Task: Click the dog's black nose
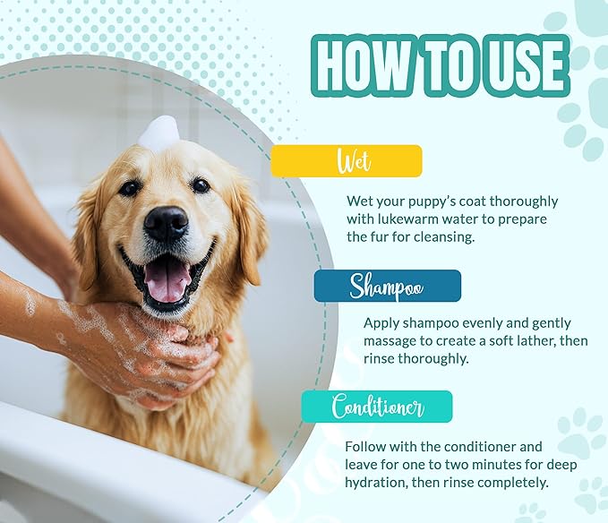(166, 223)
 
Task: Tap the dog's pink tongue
(167, 279)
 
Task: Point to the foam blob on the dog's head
(159, 133)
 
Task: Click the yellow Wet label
(347, 161)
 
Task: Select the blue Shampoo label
(387, 286)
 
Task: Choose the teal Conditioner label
(377, 407)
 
